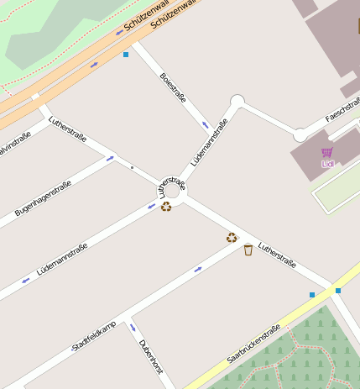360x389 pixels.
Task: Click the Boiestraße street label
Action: [x=172, y=87]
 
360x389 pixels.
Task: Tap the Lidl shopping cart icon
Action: [x=326, y=152]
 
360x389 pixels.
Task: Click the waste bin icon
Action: [x=248, y=250]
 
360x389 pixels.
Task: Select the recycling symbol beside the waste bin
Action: [x=232, y=238]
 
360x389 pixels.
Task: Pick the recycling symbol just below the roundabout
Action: [x=166, y=206]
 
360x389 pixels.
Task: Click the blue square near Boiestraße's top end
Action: [x=126, y=55]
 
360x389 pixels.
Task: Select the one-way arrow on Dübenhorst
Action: [x=131, y=327]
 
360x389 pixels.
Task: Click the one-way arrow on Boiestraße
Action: [x=205, y=126]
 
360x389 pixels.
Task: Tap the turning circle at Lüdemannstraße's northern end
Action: [x=237, y=102]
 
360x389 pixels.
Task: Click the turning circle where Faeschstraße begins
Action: [x=300, y=135]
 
